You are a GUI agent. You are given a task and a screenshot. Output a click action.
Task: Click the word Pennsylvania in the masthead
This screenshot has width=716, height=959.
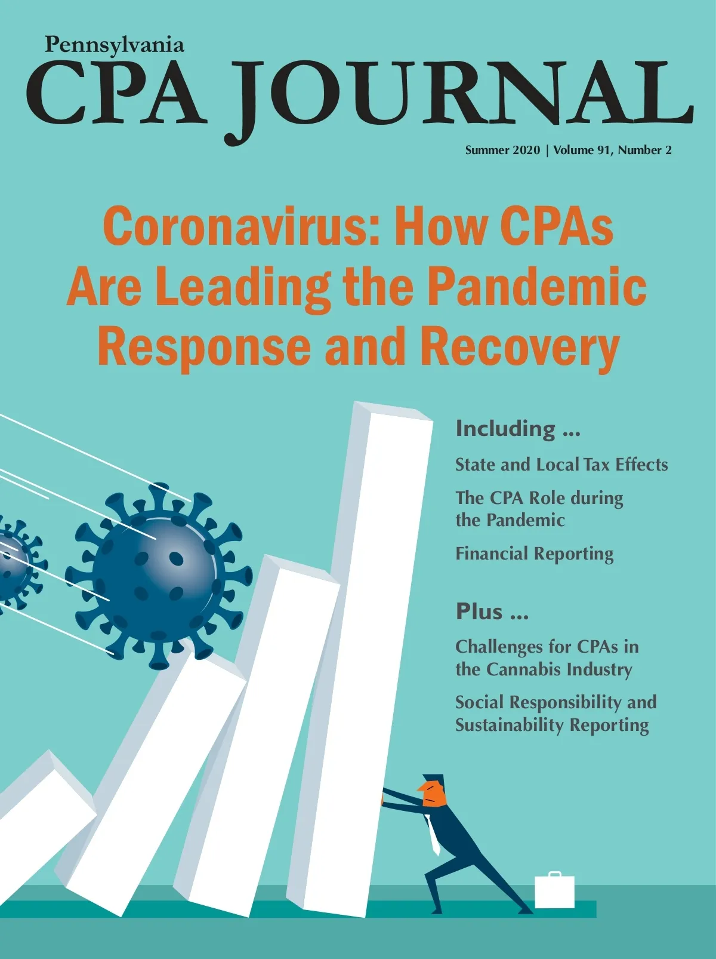click(114, 45)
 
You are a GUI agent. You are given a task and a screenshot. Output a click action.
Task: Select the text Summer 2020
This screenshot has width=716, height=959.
click(502, 150)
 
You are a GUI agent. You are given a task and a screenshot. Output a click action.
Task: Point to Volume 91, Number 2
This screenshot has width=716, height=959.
click(612, 150)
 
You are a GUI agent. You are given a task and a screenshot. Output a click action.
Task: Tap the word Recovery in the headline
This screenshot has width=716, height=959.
click(520, 348)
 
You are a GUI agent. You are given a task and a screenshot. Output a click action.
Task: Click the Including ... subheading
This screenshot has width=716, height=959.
click(517, 429)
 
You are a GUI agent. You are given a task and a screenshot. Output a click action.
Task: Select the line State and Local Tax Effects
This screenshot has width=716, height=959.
click(561, 465)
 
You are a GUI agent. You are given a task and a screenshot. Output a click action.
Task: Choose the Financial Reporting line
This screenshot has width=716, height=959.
click(534, 554)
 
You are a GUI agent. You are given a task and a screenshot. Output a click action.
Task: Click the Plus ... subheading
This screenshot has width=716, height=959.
click(492, 612)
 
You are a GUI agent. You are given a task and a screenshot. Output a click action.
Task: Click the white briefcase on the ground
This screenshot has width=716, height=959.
click(554, 892)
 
